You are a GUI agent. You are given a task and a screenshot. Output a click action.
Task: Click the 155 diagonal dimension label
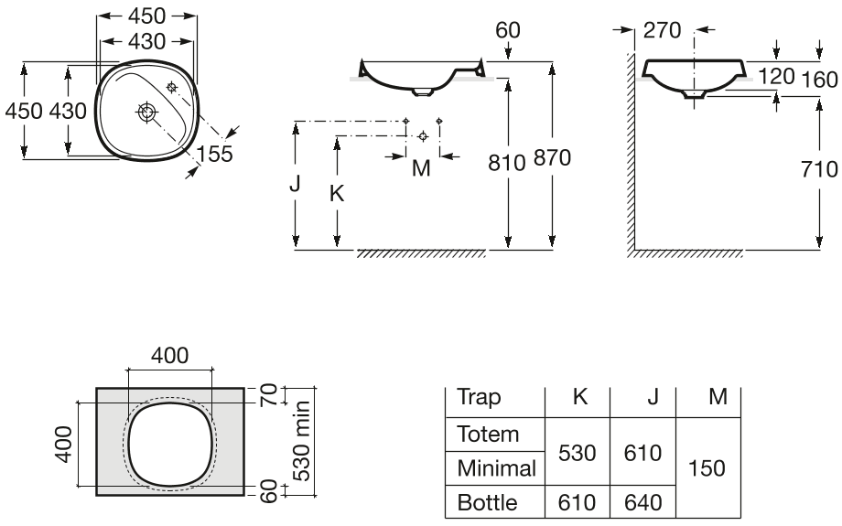pyautogui.click(x=214, y=154)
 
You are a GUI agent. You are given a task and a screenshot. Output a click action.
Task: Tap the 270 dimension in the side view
pyautogui.click(x=662, y=30)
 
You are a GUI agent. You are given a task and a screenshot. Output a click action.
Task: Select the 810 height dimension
pyautogui.click(x=506, y=163)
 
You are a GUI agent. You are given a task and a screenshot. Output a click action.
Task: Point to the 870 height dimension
pyautogui.click(x=552, y=157)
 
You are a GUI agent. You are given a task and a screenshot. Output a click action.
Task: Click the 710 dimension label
pyautogui.click(x=819, y=169)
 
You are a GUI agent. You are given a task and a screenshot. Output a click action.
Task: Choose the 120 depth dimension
pyautogui.click(x=776, y=76)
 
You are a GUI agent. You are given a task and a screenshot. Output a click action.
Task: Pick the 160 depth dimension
pyautogui.click(x=819, y=80)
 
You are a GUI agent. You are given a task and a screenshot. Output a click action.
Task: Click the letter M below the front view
pyautogui.click(x=422, y=168)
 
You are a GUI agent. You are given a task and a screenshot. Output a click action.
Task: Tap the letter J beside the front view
pyautogui.click(x=295, y=184)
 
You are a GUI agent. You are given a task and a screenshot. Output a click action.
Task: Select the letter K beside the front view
pyautogui.click(x=337, y=194)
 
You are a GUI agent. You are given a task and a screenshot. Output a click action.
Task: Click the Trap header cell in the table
pyautogui.click(x=479, y=398)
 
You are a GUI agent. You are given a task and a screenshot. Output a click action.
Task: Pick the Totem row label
pyautogui.click(x=488, y=435)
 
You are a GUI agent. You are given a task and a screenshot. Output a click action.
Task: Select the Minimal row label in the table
pyautogui.click(x=497, y=468)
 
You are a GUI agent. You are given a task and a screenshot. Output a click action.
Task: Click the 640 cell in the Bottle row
pyautogui.click(x=642, y=503)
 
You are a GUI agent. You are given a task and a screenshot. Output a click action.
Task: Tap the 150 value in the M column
pyautogui.click(x=707, y=468)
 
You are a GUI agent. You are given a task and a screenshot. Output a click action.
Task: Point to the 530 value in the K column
pyautogui.click(x=578, y=454)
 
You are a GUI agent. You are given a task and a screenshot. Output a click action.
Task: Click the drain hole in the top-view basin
pyautogui.click(x=146, y=112)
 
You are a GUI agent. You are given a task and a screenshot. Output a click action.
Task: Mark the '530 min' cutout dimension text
pyautogui.click(x=301, y=441)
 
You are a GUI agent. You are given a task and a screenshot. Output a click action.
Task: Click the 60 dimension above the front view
pyautogui.click(x=507, y=30)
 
